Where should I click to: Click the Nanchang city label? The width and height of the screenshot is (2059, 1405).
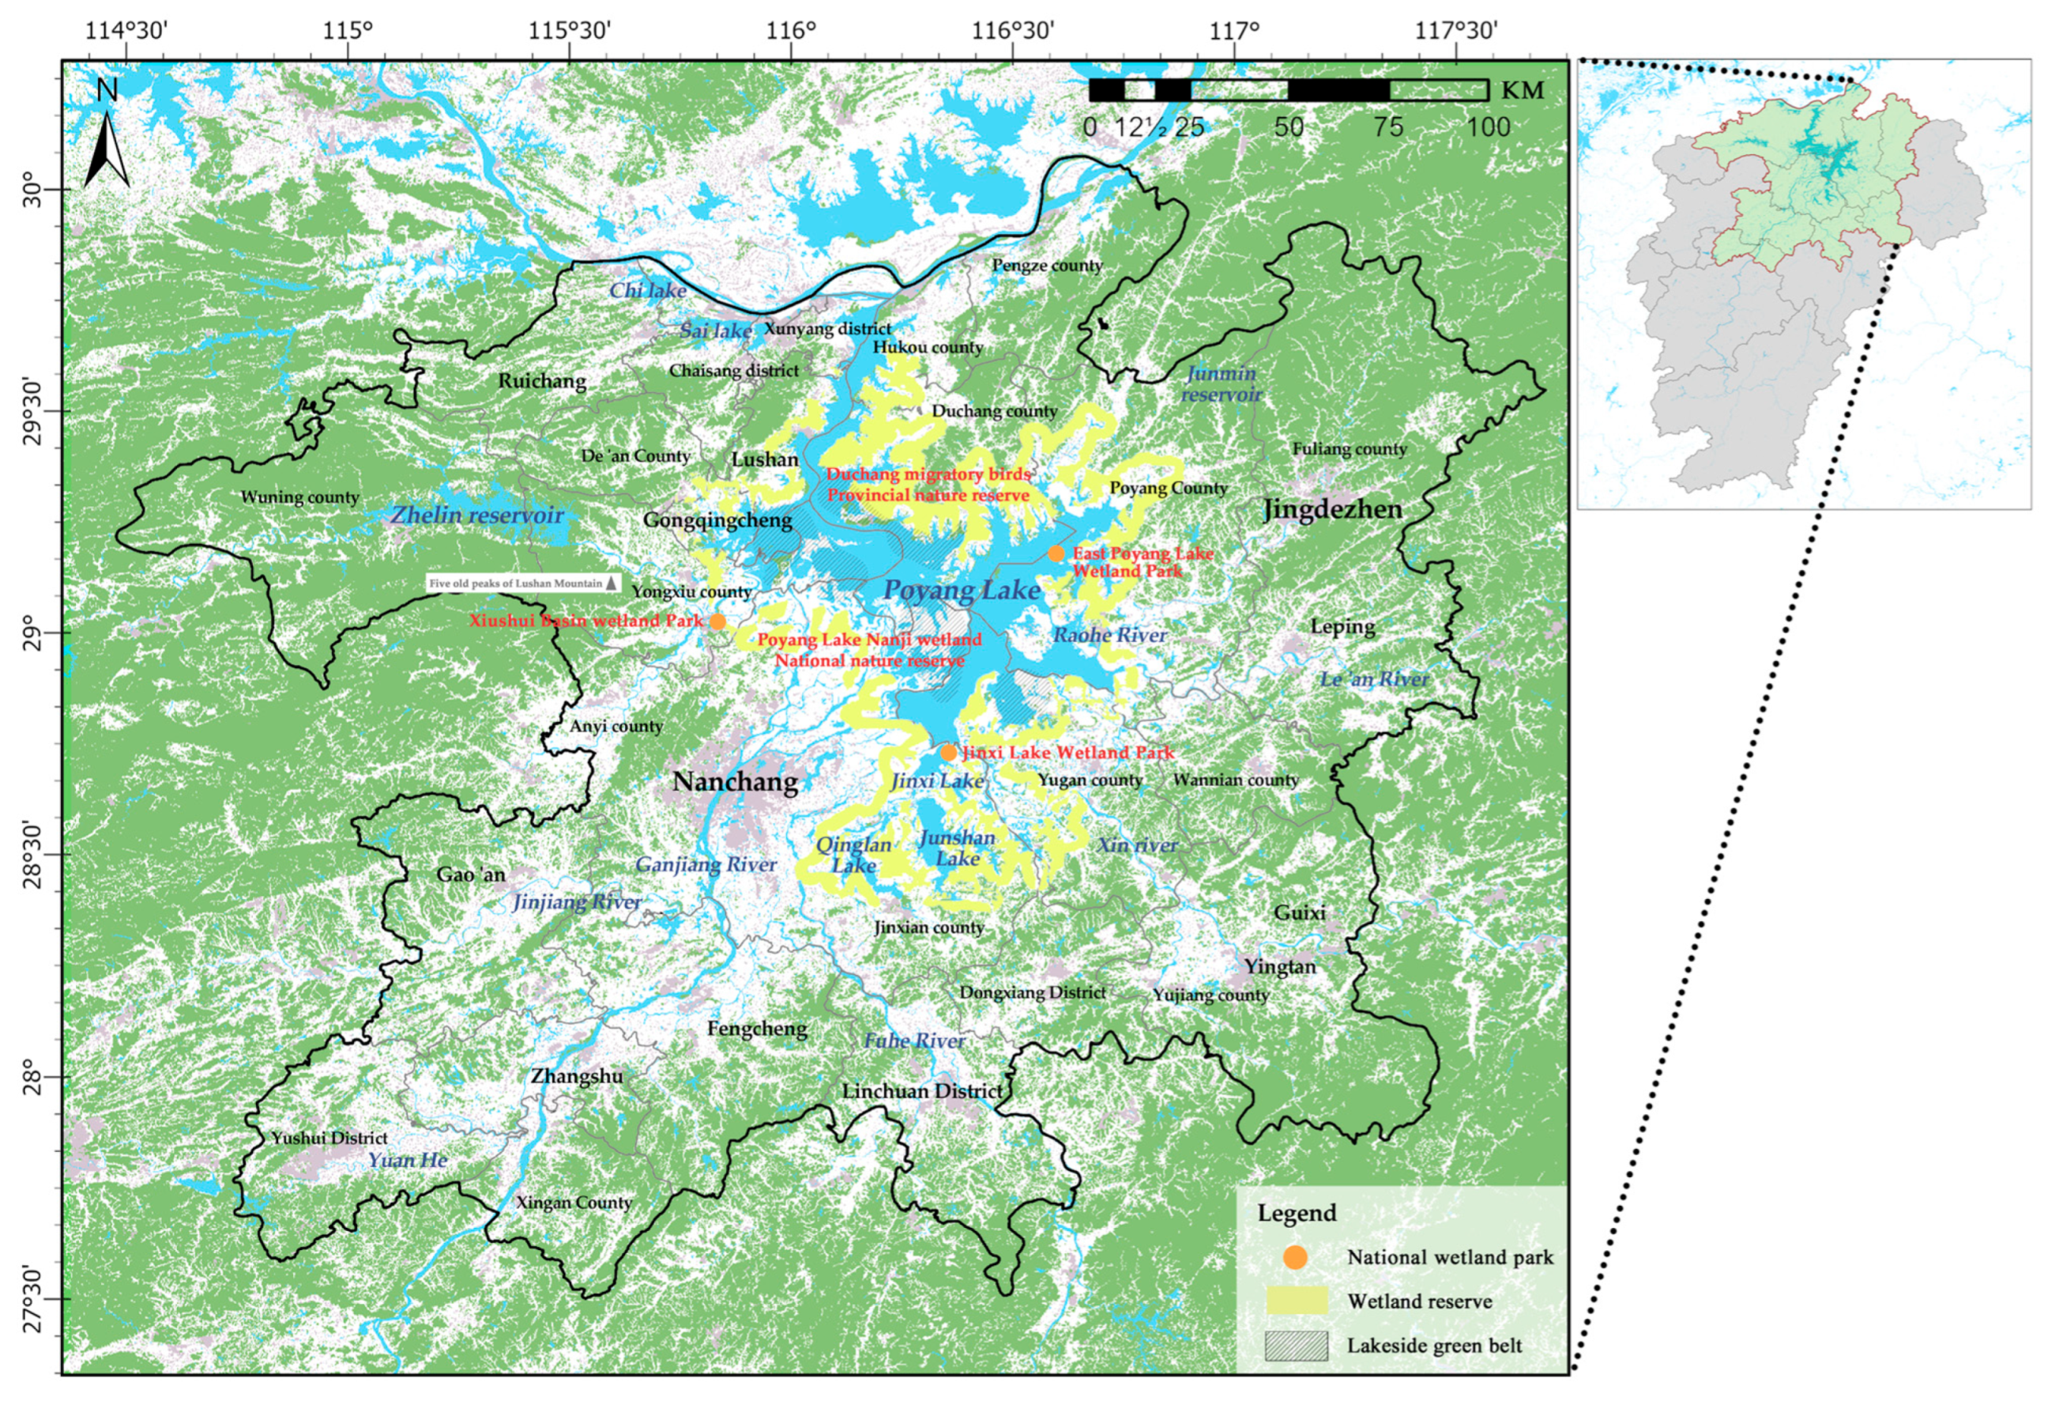pos(736,782)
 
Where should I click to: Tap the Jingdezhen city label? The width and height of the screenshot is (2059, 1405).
pos(1331,510)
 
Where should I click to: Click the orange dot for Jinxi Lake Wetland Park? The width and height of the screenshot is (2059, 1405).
pos(948,753)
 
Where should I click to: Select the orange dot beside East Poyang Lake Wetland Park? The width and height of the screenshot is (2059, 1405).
pos(1056,553)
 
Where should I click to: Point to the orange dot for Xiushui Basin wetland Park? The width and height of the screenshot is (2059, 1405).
pos(717,621)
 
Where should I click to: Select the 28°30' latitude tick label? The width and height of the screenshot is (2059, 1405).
pos(32,855)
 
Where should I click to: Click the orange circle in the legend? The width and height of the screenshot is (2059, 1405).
pos(1295,1256)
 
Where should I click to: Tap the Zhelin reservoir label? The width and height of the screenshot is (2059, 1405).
pos(476,515)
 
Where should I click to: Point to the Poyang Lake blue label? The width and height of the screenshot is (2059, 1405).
pos(962,591)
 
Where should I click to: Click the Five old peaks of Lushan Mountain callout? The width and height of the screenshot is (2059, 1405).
pos(523,584)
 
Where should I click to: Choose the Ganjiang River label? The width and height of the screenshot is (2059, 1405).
pos(706,864)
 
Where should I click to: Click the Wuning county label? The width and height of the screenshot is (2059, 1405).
pos(299,497)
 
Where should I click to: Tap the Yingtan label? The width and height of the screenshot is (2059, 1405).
pos(1279,966)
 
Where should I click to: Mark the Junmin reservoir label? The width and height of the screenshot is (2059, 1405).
pos(1221,383)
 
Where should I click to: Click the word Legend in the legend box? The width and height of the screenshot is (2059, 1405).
pos(1297,1213)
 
